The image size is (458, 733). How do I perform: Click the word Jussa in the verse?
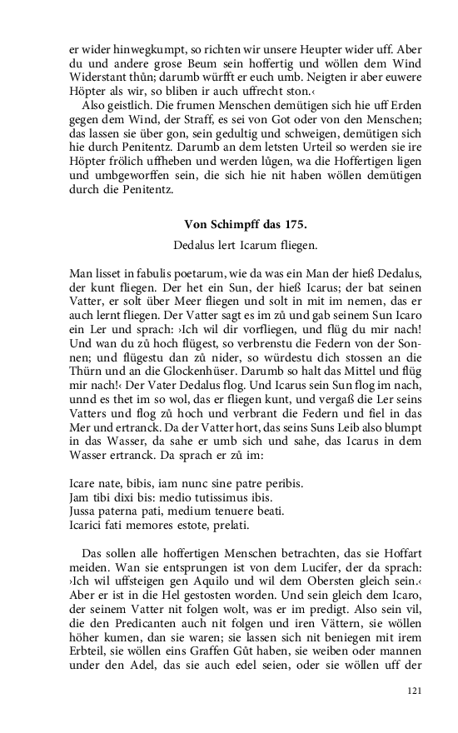coord(83,511)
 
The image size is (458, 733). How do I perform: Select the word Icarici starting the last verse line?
coord(88,526)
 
